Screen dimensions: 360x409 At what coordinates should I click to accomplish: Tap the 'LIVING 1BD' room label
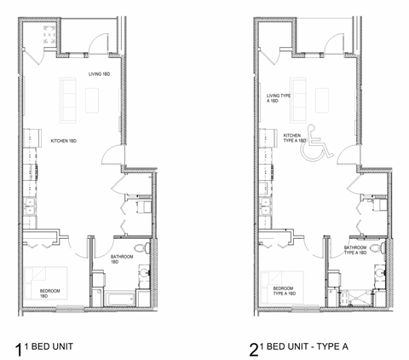pos(100,74)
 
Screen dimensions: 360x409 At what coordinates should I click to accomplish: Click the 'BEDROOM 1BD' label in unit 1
pos(50,293)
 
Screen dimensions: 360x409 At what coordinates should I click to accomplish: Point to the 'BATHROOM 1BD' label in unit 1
pos(119,259)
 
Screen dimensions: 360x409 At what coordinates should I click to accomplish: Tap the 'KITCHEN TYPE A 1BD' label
pos(292,138)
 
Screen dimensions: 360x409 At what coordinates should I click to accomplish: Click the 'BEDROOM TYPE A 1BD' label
pos(284,292)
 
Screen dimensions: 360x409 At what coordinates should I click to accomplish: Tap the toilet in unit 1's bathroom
pos(147,248)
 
